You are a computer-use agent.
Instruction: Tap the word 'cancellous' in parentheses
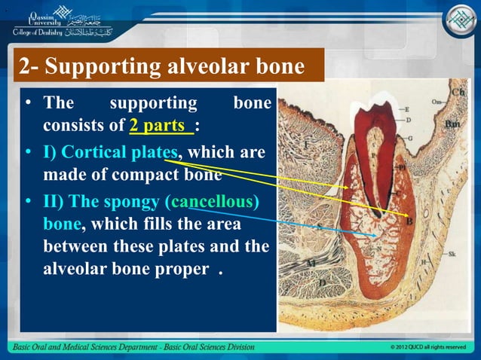pos(214,203)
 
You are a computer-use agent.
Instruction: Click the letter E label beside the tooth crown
pos(407,109)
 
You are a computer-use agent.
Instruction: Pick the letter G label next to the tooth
pos(408,139)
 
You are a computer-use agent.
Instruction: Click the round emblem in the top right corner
pos(457,21)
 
